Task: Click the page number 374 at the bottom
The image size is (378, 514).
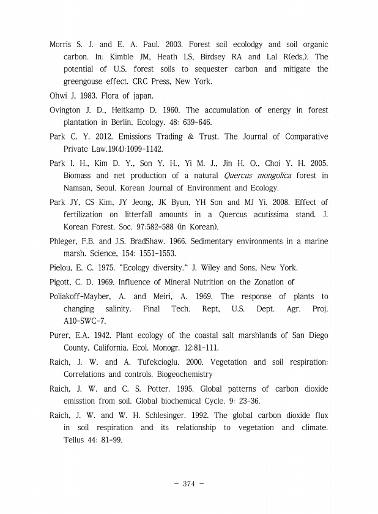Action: coord(188,483)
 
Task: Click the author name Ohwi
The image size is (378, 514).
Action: coord(59,95)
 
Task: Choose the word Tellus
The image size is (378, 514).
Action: coord(76,440)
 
